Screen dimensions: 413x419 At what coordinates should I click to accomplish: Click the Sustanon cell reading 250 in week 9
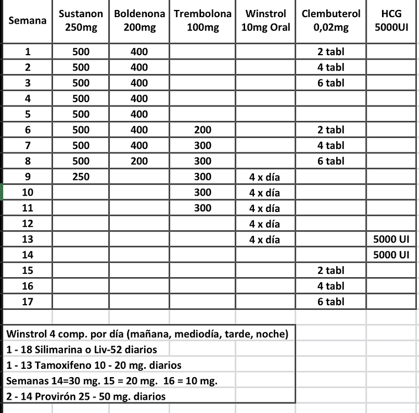click(x=81, y=177)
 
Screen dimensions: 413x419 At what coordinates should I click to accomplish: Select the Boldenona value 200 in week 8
click(x=140, y=161)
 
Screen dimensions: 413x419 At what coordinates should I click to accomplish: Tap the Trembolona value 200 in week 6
click(x=203, y=130)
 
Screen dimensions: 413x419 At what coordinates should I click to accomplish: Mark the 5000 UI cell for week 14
click(x=391, y=255)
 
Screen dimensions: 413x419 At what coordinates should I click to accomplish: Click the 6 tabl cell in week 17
click(x=331, y=301)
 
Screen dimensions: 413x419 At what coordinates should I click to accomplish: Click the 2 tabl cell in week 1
click(x=331, y=52)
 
